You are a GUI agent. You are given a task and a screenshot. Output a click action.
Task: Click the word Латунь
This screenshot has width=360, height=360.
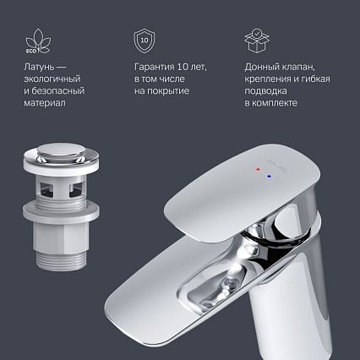click(x=40, y=67)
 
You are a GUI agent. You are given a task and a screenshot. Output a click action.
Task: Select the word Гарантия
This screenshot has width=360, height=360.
click(x=157, y=67)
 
